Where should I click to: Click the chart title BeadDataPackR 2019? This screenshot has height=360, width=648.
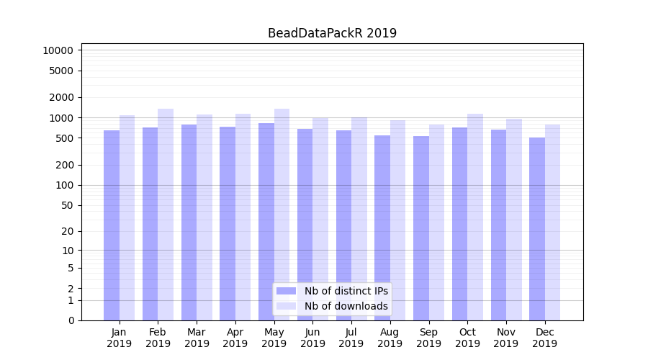coord(332,33)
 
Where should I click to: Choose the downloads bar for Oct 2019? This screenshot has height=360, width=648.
coord(475,217)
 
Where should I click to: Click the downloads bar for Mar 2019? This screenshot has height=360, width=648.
coord(204,217)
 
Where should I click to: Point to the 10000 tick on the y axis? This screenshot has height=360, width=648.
coord(58,50)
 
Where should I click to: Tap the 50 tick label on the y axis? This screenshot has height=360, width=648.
coord(67,205)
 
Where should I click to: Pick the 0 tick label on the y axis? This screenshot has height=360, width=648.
coord(71,320)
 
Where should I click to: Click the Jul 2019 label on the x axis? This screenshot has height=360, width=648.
coord(351,338)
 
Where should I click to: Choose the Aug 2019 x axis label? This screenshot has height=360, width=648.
coord(390,338)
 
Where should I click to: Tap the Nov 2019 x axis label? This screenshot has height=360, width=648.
coord(506,338)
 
